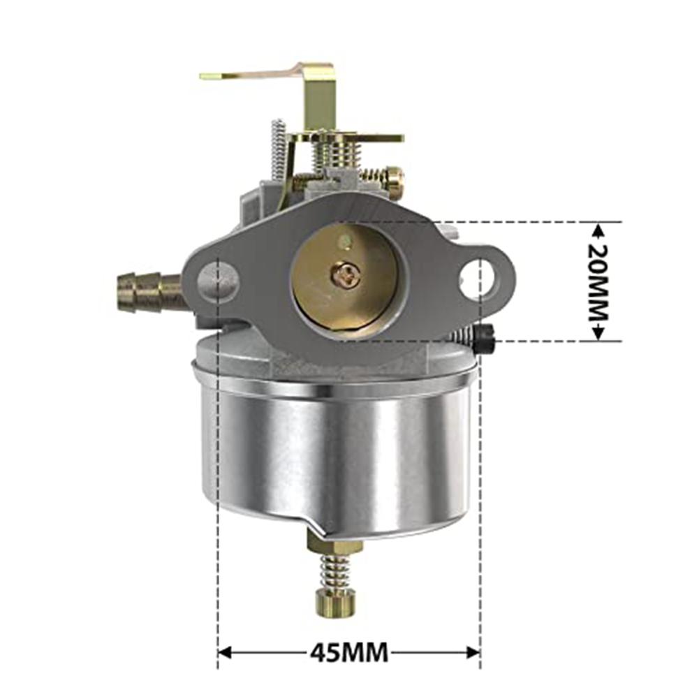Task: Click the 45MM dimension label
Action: point(348,653)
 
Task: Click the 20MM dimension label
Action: point(598,281)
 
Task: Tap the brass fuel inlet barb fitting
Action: point(149,292)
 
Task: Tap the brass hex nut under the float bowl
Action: point(335,543)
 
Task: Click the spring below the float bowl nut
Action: point(336,571)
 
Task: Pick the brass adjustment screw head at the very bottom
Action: point(335,602)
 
